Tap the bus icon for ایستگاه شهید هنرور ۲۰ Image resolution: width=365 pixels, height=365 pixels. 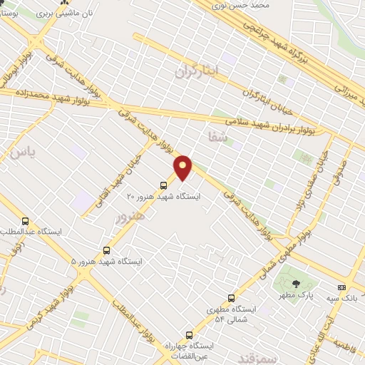163,185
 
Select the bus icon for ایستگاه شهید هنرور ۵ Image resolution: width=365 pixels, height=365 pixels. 106,250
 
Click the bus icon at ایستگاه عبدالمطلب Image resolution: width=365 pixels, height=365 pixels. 26,221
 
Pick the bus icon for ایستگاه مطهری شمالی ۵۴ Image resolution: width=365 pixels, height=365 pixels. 230,298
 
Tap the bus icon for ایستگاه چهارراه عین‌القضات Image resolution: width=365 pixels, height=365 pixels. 189,334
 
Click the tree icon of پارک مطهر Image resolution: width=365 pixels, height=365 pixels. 297,284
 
